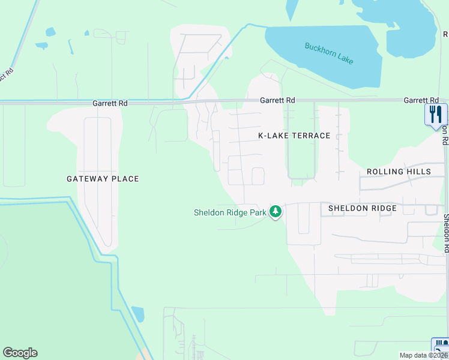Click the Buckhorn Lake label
(329, 53)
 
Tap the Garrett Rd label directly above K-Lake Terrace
(277, 100)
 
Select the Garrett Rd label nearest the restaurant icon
(421, 100)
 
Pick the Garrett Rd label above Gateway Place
(110, 103)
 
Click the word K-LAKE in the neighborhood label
(273, 136)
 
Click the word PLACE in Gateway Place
(126, 179)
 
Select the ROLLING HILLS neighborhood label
(399, 172)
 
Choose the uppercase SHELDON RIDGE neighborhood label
(362, 208)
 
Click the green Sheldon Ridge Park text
(230, 212)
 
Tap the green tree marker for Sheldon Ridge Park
(276, 211)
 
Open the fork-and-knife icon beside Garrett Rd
(436, 113)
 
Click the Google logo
(20, 353)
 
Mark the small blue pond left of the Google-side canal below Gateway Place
(138, 314)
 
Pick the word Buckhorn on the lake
(318, 49)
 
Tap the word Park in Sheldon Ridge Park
(258, 212)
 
